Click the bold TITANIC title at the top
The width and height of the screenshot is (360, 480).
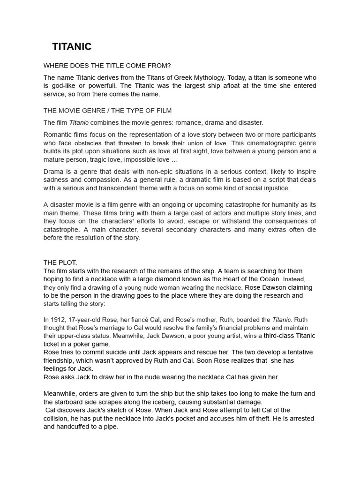point(72,47)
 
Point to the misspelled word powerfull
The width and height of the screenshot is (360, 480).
point(103,86)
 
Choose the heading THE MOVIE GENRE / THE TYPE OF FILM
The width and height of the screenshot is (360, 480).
point(107,111)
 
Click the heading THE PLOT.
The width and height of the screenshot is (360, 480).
point(60,262)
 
